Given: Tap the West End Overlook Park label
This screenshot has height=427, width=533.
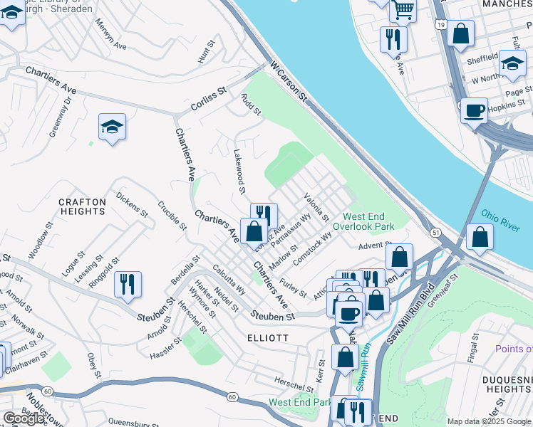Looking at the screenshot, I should (368, 221).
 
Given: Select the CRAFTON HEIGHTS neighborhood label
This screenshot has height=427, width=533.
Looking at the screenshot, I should (83, 206).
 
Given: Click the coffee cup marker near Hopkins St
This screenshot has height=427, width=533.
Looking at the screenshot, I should (474, 110).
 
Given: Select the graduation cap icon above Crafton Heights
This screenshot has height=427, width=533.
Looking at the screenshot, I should (112, 127).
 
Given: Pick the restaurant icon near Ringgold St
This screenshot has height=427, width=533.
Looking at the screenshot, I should (128, 283).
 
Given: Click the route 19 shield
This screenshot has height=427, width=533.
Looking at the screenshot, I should (442, 25).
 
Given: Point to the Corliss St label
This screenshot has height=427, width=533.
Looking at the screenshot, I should (208, 100).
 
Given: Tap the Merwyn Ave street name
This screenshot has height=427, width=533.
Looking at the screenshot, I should (110, 36).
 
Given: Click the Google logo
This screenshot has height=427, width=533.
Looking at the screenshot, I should (24, 418).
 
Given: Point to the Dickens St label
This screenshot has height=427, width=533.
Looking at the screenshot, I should (131, 204).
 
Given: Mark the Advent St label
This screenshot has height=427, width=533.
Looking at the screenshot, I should (371, 246).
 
